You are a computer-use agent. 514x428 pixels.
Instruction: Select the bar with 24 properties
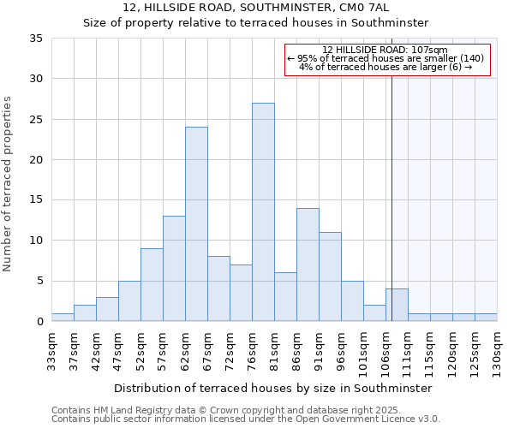pyautogui.click(x=196, y=224)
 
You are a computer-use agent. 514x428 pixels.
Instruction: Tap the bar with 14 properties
pyautogui.click(x=308, y=265)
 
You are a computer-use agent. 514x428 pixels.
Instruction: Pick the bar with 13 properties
pyautogui.click(x=174, y=269)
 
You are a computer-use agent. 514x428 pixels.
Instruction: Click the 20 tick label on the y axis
pyautogui.click(x=36, y=160)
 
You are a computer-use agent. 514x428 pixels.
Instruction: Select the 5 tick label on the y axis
pyautogui.click(x=39, y=281)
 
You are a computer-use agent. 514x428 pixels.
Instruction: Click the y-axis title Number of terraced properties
pyautogui.click(x=9, y=184)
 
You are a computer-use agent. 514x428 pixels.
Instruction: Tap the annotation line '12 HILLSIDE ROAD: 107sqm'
pyautogui.click(x=385, y=50)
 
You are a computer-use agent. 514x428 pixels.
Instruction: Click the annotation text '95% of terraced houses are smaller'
pyautogui.click(x=385, y=58)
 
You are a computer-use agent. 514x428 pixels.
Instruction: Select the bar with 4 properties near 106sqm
pyautogui.click(x=397, y=305)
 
